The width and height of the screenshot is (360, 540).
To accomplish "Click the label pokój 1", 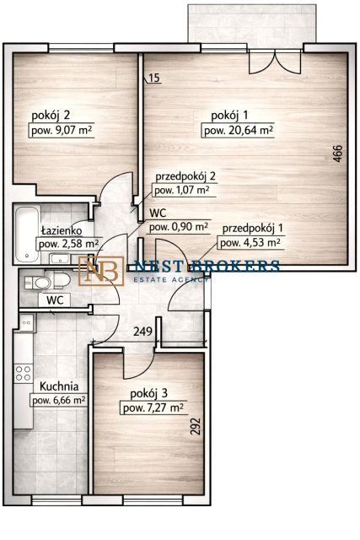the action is [229, 116].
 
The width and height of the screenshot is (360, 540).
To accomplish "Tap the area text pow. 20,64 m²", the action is [239, 131].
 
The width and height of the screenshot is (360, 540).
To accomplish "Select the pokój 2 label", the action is [51, 116].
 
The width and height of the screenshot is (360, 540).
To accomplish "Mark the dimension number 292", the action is [195, 426].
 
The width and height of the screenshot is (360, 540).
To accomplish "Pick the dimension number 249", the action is [142, 332].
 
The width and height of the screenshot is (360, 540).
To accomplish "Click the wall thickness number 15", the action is [155, 78].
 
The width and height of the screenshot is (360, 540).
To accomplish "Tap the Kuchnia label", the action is [59, 386].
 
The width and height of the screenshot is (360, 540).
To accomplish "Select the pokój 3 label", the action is [148, 393].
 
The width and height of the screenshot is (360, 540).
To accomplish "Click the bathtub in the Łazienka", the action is [27, 234].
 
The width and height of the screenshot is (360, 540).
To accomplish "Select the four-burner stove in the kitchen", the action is [24, 374].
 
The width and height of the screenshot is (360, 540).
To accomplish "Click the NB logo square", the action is [101, 271].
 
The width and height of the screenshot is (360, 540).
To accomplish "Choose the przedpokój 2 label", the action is [185, 176].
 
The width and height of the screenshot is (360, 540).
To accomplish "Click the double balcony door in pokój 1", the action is [275, 62].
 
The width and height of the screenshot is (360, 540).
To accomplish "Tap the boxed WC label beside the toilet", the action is [55, 300].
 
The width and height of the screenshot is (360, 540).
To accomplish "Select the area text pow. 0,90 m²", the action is [179, 227].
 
